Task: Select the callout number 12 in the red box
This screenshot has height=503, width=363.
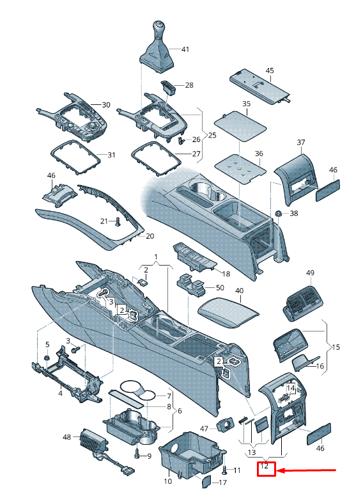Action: (265, 466)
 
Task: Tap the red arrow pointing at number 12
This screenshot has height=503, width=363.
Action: (306, 470)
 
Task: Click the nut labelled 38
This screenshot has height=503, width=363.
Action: (278, 213)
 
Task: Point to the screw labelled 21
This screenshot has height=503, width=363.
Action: (118, 221)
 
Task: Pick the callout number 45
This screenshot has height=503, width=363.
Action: (270, 70)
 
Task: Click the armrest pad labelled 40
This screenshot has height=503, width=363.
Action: (228, 312)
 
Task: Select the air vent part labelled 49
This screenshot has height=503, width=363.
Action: (302, 303)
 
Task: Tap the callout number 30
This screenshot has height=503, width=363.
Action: (106, 104)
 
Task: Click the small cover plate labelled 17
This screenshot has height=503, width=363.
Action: (206, 481)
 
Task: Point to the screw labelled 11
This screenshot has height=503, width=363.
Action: (224, 470)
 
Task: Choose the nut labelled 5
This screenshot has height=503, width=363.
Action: (47, 358)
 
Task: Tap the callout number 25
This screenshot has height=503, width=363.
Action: (212, 135)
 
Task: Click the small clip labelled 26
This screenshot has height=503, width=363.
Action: (181, 141)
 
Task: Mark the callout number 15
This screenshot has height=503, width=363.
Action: (336, 347)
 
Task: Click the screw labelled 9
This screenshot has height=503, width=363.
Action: (137, 452)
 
